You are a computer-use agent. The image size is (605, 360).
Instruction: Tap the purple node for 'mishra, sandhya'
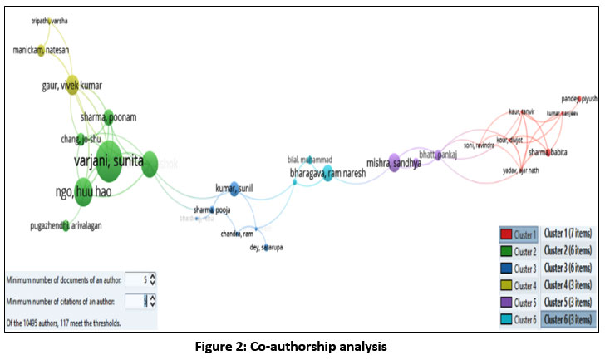pos(394,161)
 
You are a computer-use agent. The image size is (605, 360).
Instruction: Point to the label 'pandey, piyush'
pos(578,97)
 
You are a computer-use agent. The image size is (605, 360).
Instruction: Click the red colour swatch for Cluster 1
pos(506,235)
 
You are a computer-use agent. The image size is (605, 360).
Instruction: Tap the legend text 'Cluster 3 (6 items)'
pos(568,268)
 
